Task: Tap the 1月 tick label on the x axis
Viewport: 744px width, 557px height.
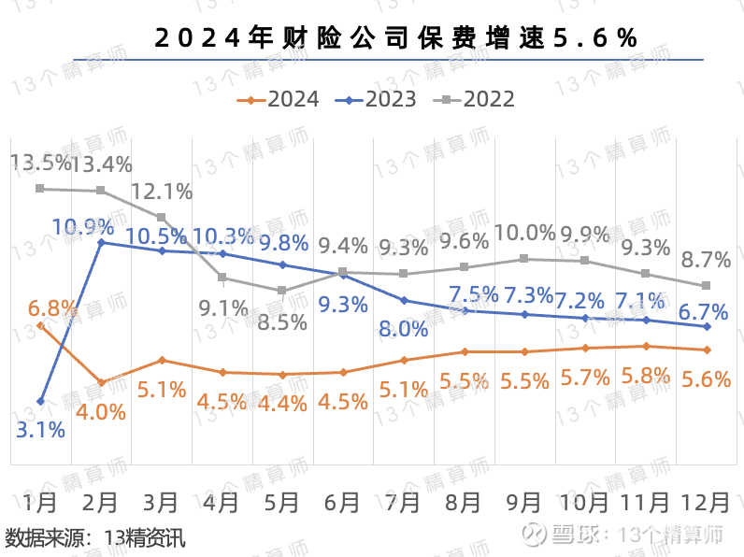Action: (x=40, y=502)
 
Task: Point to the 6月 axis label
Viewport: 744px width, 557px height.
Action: (x=343, y=502)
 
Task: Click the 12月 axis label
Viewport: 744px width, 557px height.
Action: (x=706, y=502)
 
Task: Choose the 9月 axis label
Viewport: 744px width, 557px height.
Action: (x=524, y=502)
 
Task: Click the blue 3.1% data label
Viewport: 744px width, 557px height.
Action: (x=40, y=430)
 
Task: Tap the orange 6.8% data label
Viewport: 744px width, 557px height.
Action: (x=50, y=307)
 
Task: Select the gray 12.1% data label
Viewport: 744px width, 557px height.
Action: (x=162, y=192)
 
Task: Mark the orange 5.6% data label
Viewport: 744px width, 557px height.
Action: (x=706, y=378)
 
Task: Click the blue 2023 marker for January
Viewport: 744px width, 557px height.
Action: (x=40, y=401)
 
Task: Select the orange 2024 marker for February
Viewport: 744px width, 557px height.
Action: (x=101, y=382)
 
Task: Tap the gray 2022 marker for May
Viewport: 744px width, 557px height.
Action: (x=282, y=291)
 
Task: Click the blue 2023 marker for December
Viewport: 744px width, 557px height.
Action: (x=706, y=326)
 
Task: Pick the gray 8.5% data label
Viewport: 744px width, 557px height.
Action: (x=282, y=321)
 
